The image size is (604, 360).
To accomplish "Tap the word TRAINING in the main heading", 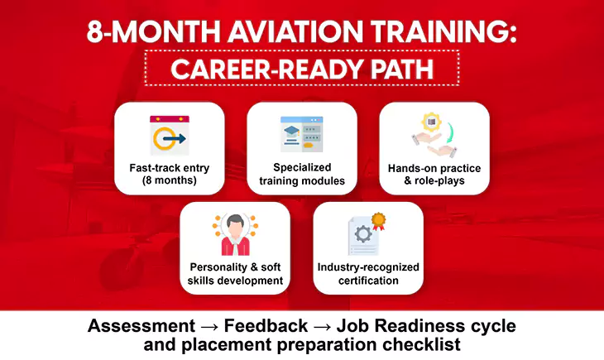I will [x=435, y=32].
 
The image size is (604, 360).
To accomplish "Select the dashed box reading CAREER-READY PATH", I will [x=302, y=68].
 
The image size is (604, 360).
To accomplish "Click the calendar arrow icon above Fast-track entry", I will [x=169, y=136].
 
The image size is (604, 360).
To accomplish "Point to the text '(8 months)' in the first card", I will [x=169, y=180].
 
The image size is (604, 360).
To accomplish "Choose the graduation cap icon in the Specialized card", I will [x=290, y=131].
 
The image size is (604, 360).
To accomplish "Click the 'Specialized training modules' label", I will [x=302, y=174].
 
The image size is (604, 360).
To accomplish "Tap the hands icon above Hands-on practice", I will [x=434, y=136].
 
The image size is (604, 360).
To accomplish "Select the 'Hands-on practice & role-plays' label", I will [x=434, y=174].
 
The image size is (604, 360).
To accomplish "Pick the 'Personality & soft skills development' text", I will [x=235, y=274].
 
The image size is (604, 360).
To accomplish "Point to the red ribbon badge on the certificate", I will [x=379, y=221].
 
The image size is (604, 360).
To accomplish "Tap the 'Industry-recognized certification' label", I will [x=368, y=274].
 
